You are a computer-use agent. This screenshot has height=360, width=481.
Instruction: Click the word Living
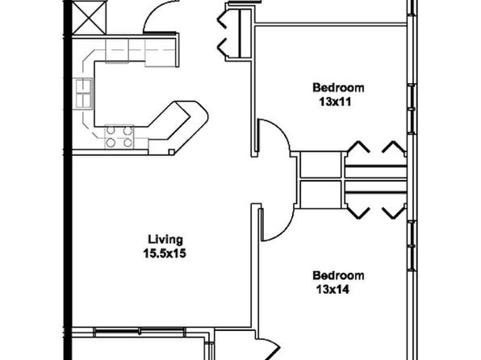(165, 240)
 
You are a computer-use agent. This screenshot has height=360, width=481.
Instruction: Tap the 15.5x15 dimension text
(165, 253)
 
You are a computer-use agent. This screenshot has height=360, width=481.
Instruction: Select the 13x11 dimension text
(335, 102)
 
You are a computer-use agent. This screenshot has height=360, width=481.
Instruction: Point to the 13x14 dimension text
(333, 290)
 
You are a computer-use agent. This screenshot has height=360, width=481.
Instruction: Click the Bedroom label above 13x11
(338, 88)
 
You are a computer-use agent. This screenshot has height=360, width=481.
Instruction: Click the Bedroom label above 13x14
(338, 275)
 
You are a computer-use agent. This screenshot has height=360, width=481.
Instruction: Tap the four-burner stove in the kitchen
(119, 136)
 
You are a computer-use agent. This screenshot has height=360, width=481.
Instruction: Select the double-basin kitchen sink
(83, 94)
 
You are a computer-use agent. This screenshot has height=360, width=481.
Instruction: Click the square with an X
(89, 17)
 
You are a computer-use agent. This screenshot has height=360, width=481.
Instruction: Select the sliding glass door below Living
(140, 332)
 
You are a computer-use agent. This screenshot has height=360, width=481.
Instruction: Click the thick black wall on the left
(68, 180)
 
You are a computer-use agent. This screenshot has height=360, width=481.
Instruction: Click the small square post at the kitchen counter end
(172, 152)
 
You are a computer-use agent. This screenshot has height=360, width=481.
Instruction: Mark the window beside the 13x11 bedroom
(412, 109)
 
